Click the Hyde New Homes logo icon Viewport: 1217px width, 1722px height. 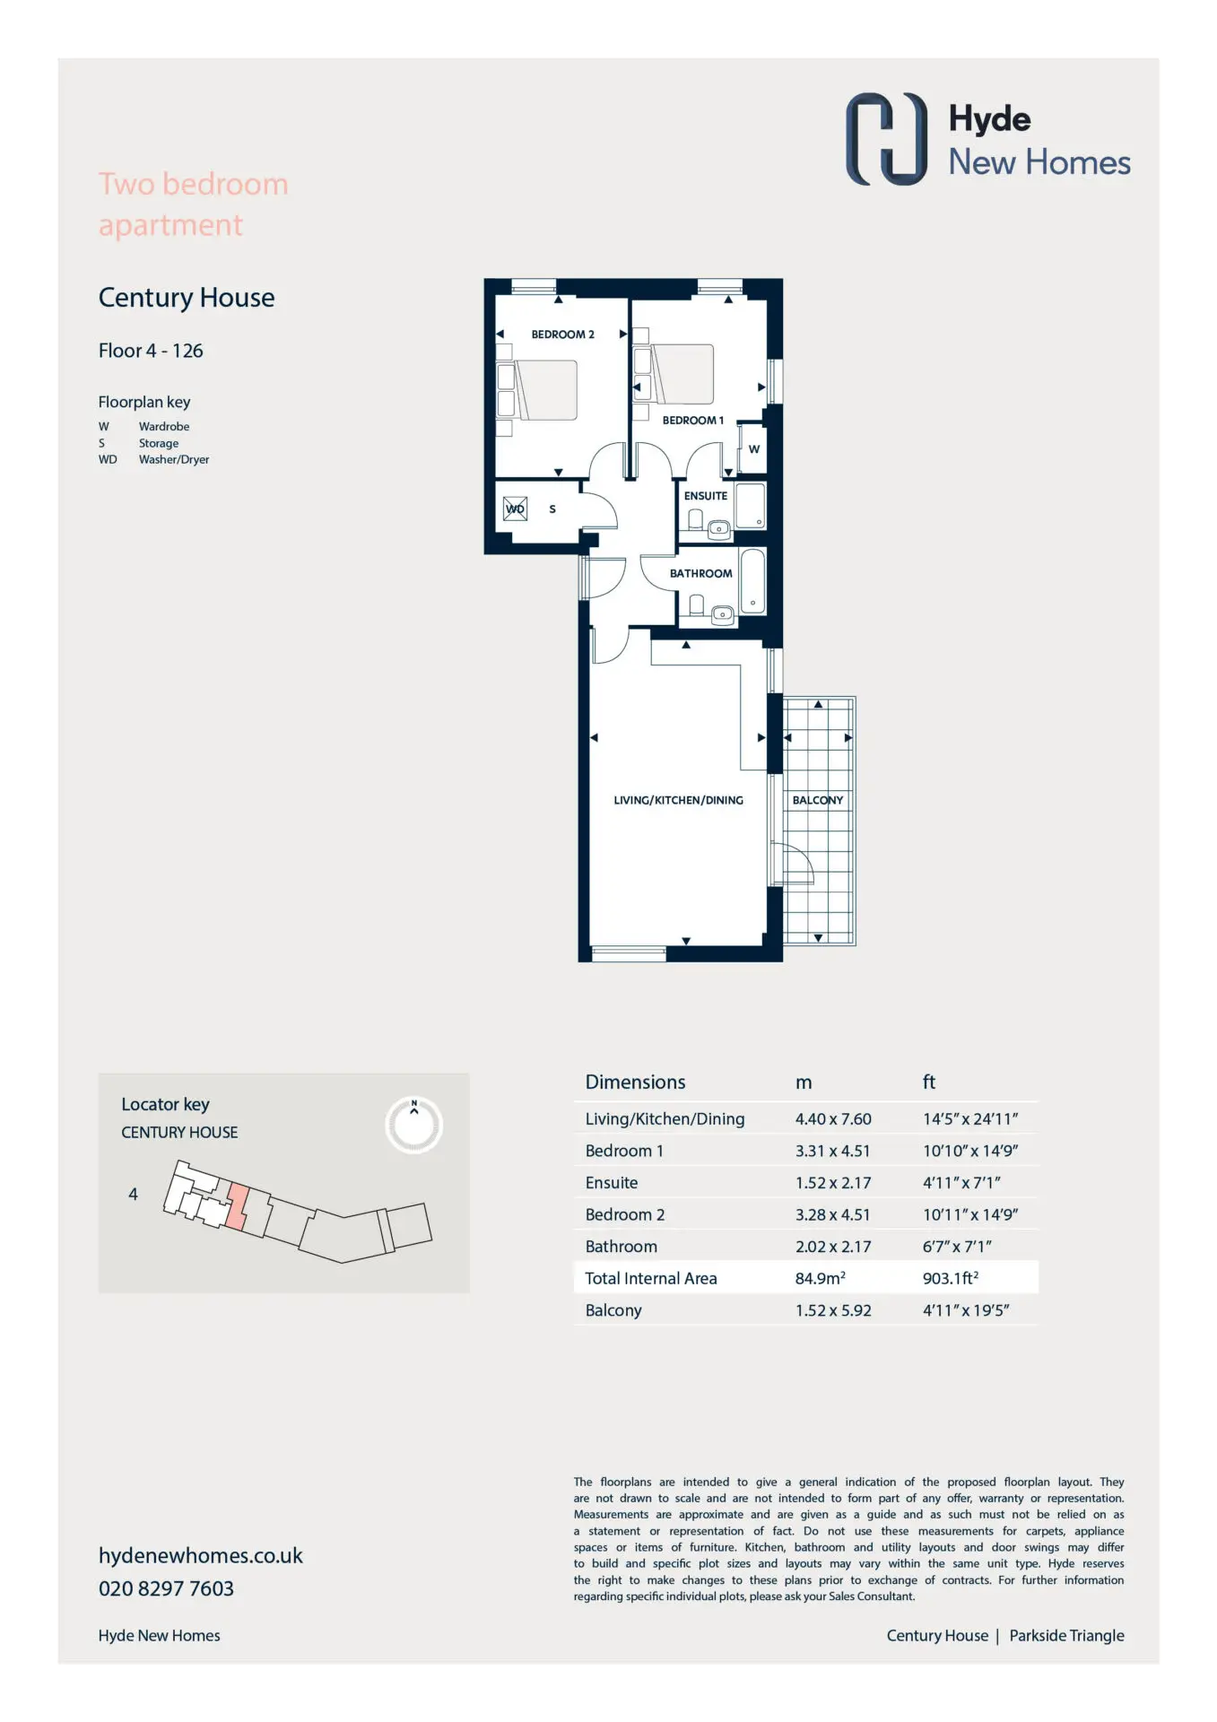point(886,139)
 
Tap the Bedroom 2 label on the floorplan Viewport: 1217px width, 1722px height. point(562,335)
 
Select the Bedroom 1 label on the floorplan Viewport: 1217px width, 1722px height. point(692,421)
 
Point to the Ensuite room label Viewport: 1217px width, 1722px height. point(706,496)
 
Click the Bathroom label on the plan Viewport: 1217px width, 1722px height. point(700,574)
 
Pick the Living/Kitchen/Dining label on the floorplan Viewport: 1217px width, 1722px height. point(678,800)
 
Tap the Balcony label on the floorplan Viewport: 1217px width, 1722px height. point(818,800)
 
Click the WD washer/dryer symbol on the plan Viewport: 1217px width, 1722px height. point(515,509)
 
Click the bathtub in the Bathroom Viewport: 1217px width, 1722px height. point(752,581)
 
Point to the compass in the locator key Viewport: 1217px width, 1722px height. point(414,1125)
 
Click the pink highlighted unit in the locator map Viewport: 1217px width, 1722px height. point(237,1206)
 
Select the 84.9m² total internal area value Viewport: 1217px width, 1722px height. point(820,1278)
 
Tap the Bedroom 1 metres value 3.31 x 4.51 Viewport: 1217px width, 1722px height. point(832,1151)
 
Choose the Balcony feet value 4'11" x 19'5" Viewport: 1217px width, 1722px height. point(966,1310)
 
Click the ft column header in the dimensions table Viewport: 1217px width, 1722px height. point(929,1083)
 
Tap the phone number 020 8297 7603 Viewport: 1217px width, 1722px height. point(166,1589)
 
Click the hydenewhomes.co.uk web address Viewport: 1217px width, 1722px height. point(201,1556)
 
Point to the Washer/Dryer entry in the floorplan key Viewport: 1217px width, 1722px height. point(174,460)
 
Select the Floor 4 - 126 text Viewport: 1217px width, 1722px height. point(151,351)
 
